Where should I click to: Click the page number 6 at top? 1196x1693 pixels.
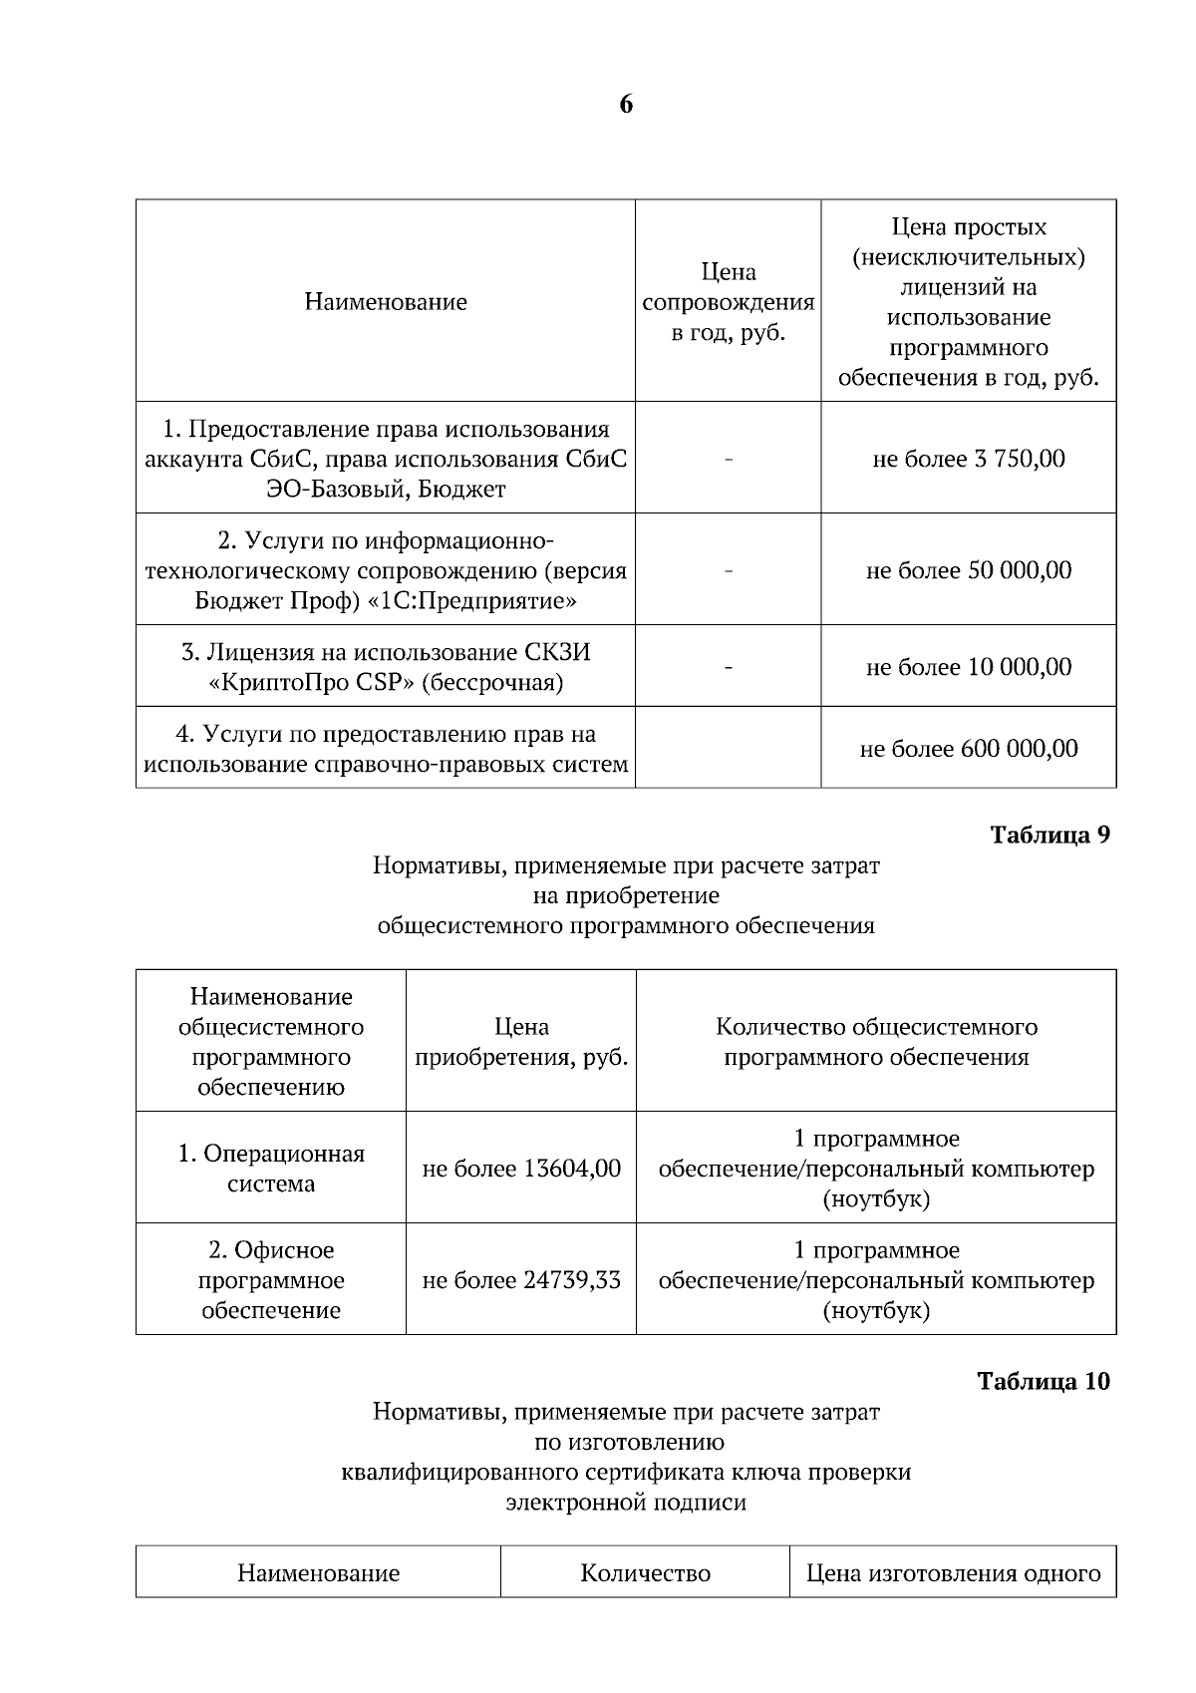tap(626, 105)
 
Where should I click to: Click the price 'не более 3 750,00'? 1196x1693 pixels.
tap(968, 459)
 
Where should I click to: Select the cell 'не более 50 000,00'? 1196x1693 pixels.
tap(968, 570)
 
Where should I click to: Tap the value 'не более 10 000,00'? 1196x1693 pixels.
tap(968, 667)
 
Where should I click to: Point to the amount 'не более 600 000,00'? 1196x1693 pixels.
tap(968, 749)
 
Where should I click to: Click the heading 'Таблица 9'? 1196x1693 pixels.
tap(1049, 836)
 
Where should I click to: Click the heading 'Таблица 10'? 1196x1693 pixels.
tap(1043, 1382)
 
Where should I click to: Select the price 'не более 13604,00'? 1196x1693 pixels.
tap(521, 1169)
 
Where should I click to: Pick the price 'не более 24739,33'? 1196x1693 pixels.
tap(521, 1280)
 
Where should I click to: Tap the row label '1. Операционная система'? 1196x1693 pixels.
tap(271, 1169)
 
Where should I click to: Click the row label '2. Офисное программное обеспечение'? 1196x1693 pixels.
tap(271, 1280)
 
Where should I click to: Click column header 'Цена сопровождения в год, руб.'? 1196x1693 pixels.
tap(729, 302)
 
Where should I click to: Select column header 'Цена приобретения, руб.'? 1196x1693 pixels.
tap(521, 1042)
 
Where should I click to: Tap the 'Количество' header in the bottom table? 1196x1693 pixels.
tap(645, 1573)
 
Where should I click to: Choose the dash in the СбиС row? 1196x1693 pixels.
tap(729, 460)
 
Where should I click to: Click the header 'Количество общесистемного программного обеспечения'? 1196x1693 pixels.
tap(876, 1042)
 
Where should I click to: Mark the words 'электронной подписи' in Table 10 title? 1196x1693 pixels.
tap(626, 1503)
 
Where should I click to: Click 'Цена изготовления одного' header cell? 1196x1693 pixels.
tap(953, 1573)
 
